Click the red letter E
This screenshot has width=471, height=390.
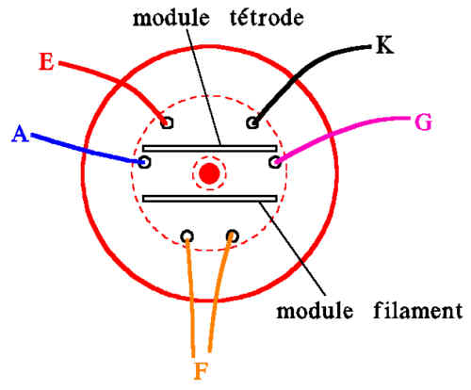(46, 61)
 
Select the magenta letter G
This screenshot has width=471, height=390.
(424, 122)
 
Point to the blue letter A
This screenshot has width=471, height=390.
(20, 134)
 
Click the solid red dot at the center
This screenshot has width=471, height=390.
(210, 173)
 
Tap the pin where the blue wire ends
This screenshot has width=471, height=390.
(144, 162)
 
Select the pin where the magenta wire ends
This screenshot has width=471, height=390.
(275, 162)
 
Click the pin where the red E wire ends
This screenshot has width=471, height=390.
(167, 122)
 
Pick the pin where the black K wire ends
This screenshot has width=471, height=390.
(252, 122)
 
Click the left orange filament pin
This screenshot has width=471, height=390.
(187, 236)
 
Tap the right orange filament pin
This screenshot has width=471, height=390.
(233, 236)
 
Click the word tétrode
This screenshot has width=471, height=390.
(267, 17)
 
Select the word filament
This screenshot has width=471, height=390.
(418, 310)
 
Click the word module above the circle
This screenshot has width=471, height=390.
(171, 17)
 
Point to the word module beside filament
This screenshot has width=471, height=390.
(315, 311)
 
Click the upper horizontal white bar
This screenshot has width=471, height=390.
(210, 148)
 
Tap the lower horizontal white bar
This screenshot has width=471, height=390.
(210, 199)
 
